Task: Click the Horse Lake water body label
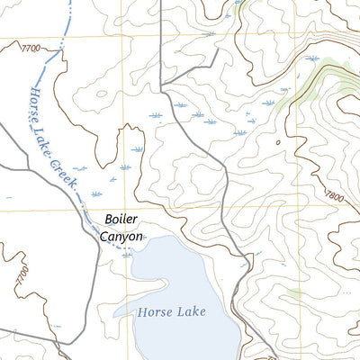tap(172, 312)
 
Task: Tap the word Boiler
tap(122, 219)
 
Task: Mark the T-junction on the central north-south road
tap(162, 87)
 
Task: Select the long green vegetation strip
tap(310, 85)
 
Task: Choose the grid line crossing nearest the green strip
tap(296, 38)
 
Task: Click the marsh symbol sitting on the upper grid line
tap(210, 35)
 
